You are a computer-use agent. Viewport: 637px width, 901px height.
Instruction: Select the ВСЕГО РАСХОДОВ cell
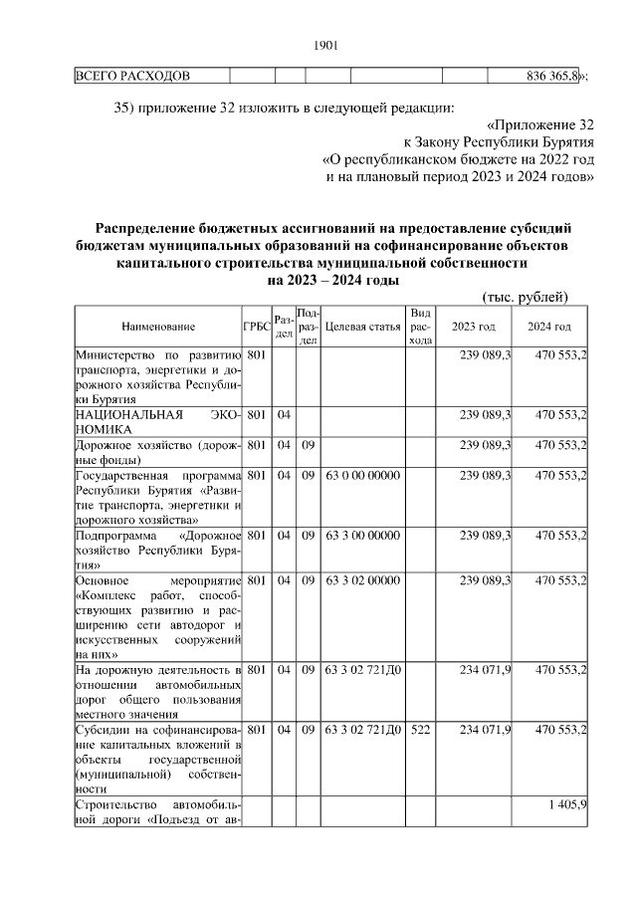click(x=133, y=76)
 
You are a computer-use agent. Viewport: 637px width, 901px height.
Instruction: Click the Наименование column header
click(x=158, y=327)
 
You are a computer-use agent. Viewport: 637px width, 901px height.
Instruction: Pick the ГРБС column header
click(x=256, y=327)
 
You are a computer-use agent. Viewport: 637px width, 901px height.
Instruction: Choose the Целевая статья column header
click(x=362, y=327)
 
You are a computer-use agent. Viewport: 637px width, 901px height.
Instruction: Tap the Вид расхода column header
click(x=420, y=327)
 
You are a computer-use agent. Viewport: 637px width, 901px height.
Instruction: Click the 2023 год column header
click(x=474, y=327)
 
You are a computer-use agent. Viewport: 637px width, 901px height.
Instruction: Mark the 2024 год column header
click(x=549, y=327)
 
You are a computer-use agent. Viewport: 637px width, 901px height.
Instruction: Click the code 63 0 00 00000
click(x=362, y=476)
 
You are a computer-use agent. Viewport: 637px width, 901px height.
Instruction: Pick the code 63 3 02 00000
click(x=362, y=579)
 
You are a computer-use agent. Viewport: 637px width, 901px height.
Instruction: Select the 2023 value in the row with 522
click(x=486, y=730)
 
